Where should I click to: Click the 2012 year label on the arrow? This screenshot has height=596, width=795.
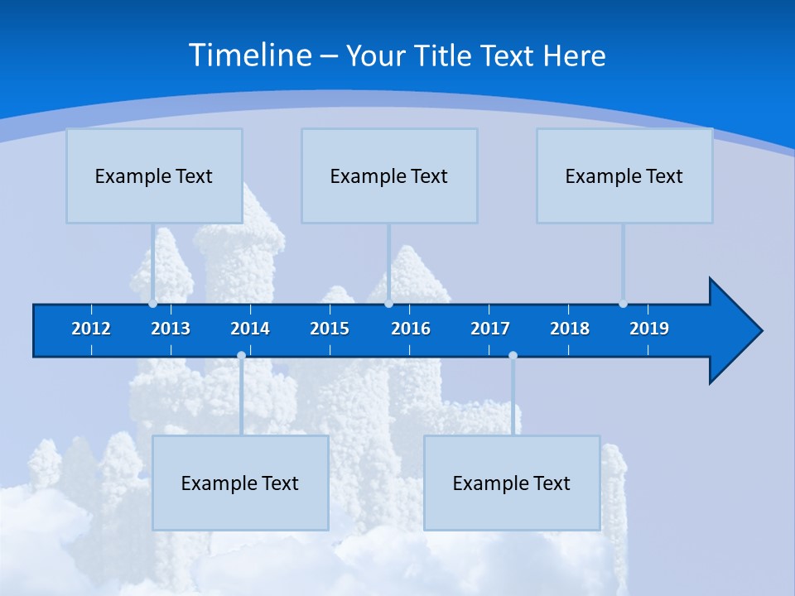91,329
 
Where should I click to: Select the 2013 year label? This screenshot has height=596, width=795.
171,329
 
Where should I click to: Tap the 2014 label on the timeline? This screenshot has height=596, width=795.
250,329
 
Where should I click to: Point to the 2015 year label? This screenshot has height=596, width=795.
330,329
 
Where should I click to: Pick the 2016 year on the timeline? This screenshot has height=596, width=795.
411,329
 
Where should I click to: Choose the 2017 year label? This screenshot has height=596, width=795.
490,329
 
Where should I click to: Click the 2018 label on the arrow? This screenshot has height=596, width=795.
570,329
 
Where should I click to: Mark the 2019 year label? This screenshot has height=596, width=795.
649,329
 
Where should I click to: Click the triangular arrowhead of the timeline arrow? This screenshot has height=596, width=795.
733,331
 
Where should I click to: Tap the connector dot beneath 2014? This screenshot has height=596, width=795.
241,356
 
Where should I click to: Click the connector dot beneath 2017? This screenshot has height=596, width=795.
513,356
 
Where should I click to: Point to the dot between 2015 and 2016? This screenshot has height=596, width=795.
388,304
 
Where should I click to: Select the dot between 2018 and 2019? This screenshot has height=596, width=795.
623,304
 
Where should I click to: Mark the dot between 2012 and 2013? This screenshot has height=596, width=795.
152,304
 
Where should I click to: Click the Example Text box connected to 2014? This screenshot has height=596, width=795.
240,483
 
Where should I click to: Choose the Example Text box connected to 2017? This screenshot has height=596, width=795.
512,483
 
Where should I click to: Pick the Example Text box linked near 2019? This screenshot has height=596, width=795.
624,175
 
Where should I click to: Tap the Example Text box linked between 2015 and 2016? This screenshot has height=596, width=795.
389,175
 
